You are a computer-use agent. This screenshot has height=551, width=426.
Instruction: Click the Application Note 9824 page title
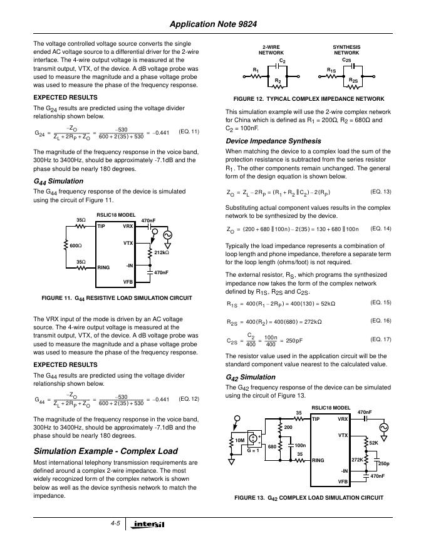pos(213,24)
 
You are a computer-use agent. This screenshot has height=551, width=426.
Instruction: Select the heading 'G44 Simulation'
pos(58,182)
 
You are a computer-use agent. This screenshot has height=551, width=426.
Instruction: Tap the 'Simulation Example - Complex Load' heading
pos(105,451)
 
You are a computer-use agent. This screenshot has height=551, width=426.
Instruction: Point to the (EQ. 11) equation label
pos(189,131)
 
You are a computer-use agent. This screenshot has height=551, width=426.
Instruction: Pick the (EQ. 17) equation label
pos(381,339)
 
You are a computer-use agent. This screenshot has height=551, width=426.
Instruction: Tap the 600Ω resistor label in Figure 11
pos(75,245)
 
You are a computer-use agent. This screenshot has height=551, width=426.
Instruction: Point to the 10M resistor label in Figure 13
pos(241,440)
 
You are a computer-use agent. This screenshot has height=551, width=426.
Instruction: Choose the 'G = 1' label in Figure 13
pos(254,450)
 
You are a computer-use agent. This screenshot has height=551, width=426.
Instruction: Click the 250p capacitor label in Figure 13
pos(384,463)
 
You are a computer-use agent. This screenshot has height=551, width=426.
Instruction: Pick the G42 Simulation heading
pos(250,377)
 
